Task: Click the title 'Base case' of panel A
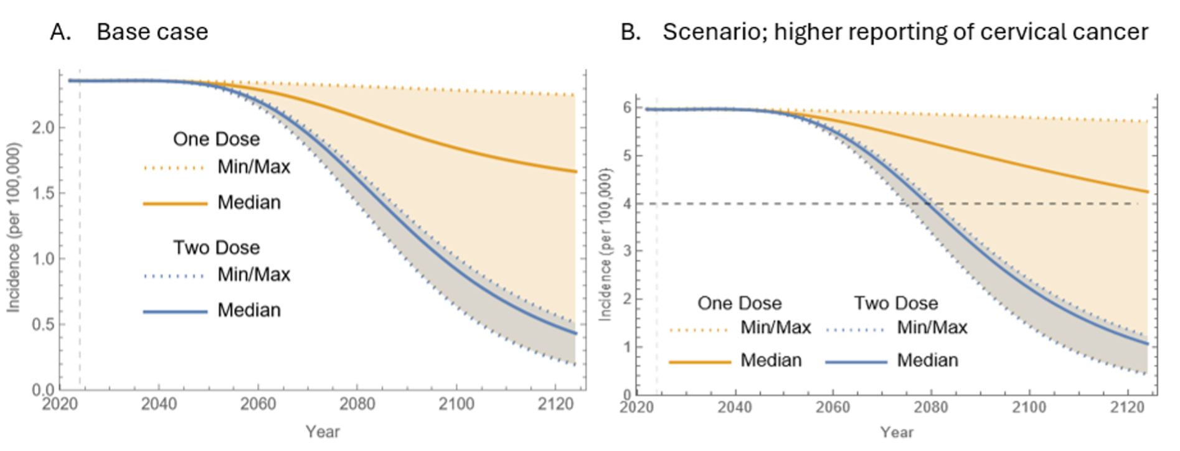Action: pyautogui.click(x=152, y=32)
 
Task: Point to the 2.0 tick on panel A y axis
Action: pyautogui.click(x=44, y=128)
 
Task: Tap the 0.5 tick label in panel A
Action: pyautogui.click(x=44, y=324)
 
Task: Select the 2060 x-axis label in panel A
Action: pyautogui.click(x=258, y=404)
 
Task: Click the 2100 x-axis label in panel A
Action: pyautogui.click(x=456, y=404)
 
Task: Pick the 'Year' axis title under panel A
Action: pyautogui.click(x=323, y=432)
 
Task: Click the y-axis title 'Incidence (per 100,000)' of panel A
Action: pyautogui.click(x=14, y=228)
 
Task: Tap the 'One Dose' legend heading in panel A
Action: pyautogui.click(x=216, y=139)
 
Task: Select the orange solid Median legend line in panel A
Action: pyautogui.click(x=175, y=203)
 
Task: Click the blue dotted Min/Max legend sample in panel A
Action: pyautogui.click(x=174, y=276)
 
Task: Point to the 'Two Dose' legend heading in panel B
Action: pyautogui.click(x=895, y=303)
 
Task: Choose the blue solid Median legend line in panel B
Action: pyautogui.click(x=856, y=361)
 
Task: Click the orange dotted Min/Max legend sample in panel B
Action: pyautogui.click(x=699, y=330)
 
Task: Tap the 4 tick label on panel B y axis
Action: pyautogui.click(x=627, y=203)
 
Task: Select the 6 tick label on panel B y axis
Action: pyautogui.click(x=627, y=108)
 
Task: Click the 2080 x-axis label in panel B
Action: pyautogui.click(x=930, y=407)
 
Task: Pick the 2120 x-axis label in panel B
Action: pyautogui.click(x=1128, y=407)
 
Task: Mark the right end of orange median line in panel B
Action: pyautogui.click(x=1147, y=192)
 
